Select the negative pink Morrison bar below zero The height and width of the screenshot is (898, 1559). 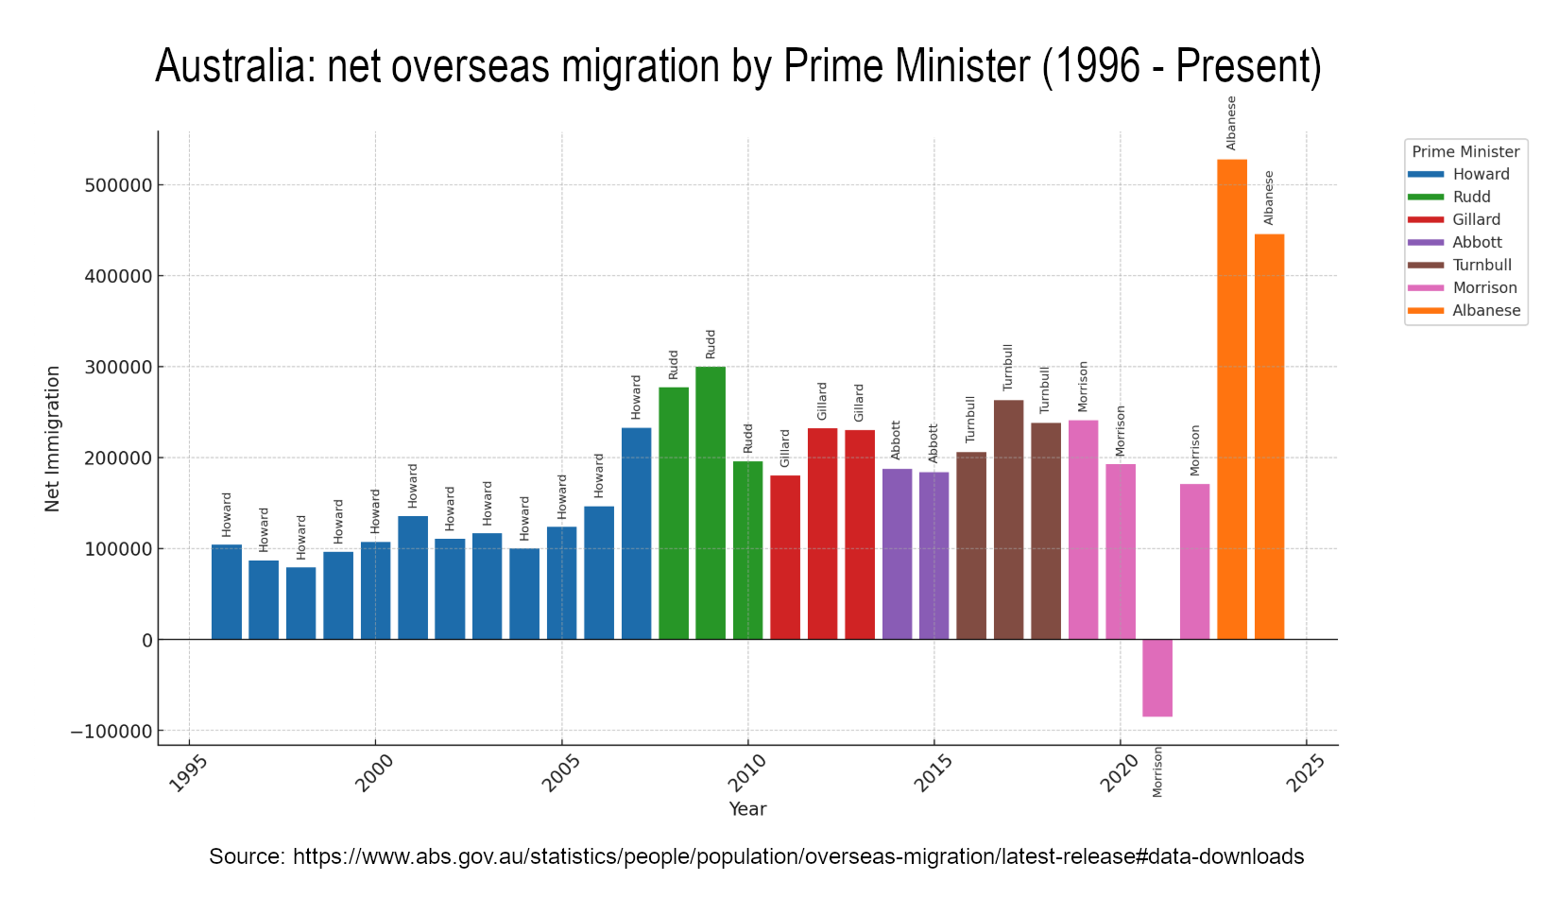[1157, 678]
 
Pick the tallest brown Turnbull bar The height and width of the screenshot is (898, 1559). [1008, 520]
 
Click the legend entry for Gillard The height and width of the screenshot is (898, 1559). [1476, 219]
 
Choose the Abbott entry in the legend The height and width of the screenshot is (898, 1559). [1477, 242]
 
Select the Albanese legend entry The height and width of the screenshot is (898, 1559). [1486, 310]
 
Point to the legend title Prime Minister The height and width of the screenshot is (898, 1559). [1465, 151]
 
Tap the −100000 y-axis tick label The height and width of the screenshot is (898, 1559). [111, 732]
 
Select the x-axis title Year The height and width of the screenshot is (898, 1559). [747, 809]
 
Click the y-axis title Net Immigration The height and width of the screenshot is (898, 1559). [53, 439]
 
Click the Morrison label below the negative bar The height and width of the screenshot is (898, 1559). [1157, 771]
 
